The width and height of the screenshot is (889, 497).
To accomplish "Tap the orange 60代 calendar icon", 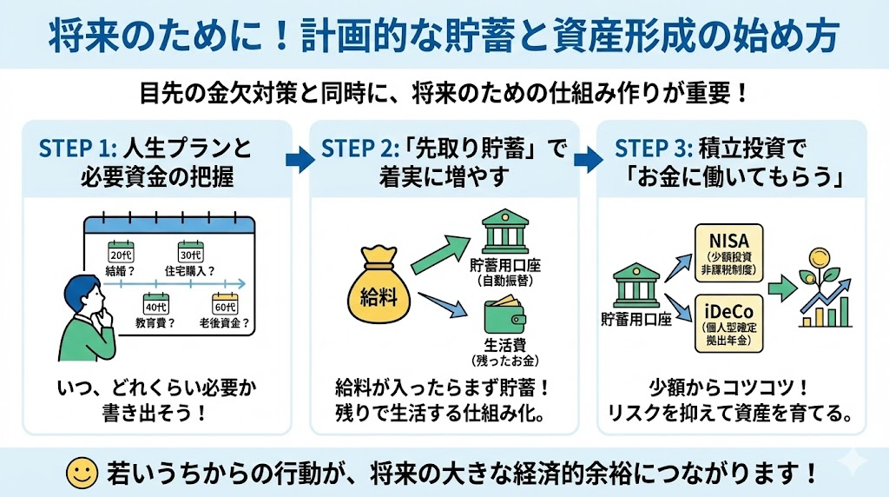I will (224, 304).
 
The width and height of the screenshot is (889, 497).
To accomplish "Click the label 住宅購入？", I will (189, 272).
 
